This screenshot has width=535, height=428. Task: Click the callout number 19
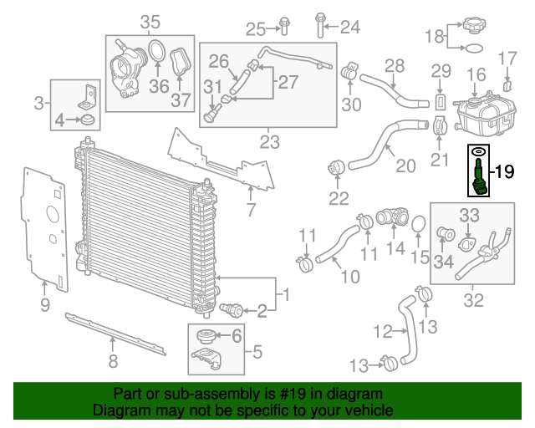tap(504, 172)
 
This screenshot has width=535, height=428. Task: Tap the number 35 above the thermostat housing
tap(150, 21)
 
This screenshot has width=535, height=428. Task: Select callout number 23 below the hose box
tap(269, 142)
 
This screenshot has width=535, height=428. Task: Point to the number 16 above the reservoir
tap(476, 76)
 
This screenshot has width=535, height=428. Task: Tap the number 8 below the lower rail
tap(113, 361)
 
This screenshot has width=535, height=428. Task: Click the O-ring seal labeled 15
tap(420, 227)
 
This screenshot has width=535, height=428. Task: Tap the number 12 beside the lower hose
tap(381, 332)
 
